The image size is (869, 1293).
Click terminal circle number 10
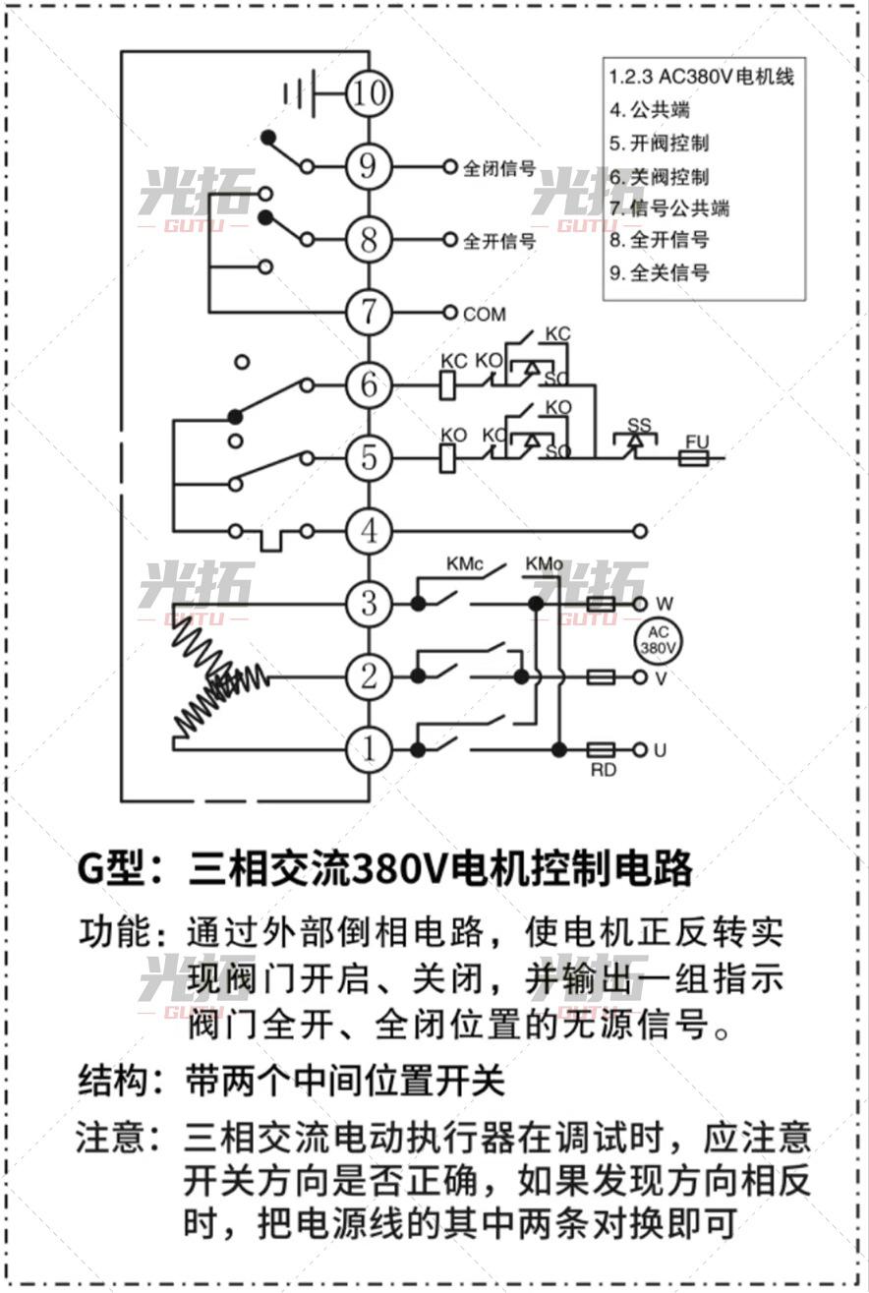pyautogui.click(x=369, y=93)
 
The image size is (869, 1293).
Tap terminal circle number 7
pyautogui.click(x=369, y=313)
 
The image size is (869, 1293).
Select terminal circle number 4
pyautogui.click(x=369, y=531)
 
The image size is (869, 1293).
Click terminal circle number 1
pyautogui.click(x=369, y=750)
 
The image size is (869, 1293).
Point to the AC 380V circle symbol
pyautogui.click(x=658, y=641)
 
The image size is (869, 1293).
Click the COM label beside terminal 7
pyautogui.click(x=484, y=315)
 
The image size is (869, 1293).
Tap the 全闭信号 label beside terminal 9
pyautogui.click(x=499, y=168)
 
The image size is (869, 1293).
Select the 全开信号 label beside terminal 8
pyautogui.click(x=499, y=241)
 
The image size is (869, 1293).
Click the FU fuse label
pyautogui.click(x=696, y=441)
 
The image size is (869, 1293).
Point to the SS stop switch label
pyautogui.click(x=639, y=425)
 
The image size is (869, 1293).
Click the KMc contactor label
pyautogui.click(x=465, y=564)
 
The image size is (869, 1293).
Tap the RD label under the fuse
pyautogui.click(x=603, y=770)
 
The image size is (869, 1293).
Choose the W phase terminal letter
pyautogui.click(x=665, y=604)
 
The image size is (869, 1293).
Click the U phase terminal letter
pyautogui.click(x=661, y=750)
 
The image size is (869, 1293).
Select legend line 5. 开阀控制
pyautogui.click(x=659, y=144)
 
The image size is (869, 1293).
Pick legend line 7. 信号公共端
pyautogui.click(x=669, y=207)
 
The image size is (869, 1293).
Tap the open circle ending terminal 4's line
pyautogui.click(x=639, y=531)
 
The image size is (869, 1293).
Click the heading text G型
pyautogui.click(x=109, y=869)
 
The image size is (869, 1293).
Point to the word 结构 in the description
pyautogui.click(x=113, y=1080)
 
